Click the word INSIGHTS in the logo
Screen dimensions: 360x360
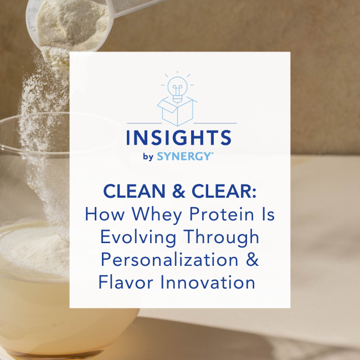(179, 137)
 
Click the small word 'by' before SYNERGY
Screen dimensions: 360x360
(148, 157)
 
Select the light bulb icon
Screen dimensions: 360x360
(177, 88)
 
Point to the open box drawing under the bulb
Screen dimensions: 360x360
(177, 111)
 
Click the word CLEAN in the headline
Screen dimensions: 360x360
(135, 191)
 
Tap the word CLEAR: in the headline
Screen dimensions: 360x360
(224, 191)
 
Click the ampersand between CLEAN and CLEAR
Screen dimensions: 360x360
(178, 191)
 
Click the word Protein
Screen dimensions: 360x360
(222, 214)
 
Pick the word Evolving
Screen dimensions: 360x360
(138, 238)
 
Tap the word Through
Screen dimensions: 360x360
(221, 238)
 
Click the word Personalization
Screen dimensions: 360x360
(169, 260)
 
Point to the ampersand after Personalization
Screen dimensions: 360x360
(253, 260)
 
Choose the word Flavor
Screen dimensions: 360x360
(126, 282)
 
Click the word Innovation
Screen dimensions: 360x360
(208, 282)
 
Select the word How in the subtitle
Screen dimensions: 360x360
(105, 214)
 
